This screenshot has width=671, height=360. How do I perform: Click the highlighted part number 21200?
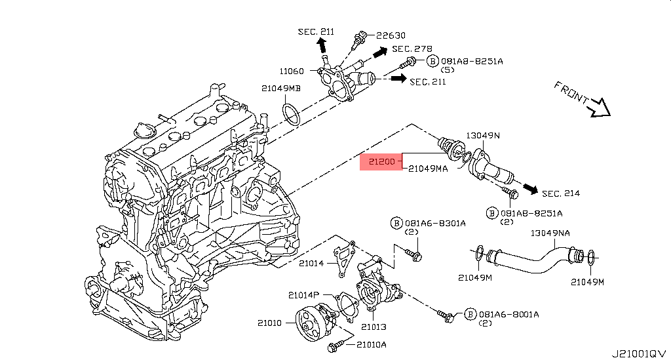[x=381, y=161]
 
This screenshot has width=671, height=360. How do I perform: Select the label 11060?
[x=292, y=71]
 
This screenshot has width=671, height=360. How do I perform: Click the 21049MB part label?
[x=281, y=89]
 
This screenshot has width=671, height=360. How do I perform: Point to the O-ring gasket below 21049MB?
[x=292, y=111]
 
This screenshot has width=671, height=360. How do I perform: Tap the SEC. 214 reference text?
[x=561, y=193]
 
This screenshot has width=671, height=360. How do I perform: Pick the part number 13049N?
[x=483, y=136]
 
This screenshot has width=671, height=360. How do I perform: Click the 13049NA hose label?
[x=550, y=233]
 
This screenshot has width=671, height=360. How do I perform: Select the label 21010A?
[x=372, y=344]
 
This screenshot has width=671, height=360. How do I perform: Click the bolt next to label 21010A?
[x=338, y=344]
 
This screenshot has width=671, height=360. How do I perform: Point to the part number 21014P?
[x=303, y=295]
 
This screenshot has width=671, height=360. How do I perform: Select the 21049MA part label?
[x=428, y=169]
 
